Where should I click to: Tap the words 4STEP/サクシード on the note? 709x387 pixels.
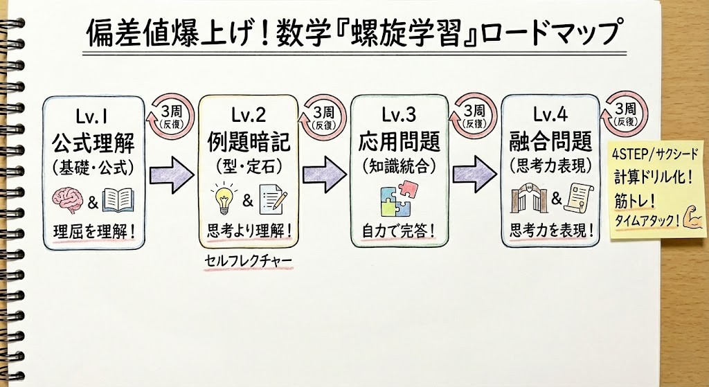click(656, 152)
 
